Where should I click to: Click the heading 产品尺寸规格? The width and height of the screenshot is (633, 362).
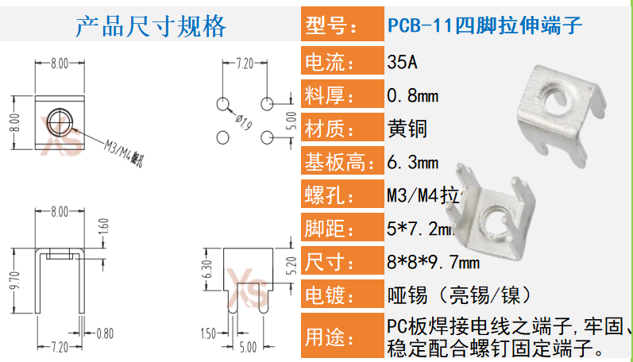click(x=151, y=26)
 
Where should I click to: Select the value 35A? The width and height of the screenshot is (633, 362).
click(x=401, y=62)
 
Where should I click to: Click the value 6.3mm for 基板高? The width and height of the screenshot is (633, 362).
click(x=412, y=163)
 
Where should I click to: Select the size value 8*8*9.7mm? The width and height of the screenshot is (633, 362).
click(x=432, y=262)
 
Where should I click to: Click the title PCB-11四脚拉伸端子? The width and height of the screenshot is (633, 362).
click(x=484, y=26)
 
